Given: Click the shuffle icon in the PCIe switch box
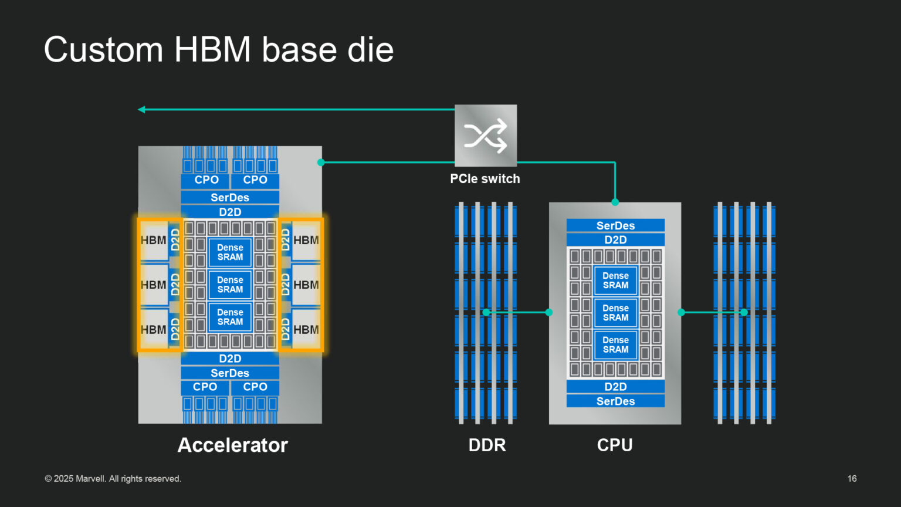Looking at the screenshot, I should point(486,136).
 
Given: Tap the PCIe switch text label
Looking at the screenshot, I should point(485,179).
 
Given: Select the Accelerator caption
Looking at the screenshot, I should point(232,445).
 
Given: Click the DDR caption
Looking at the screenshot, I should point(487,445).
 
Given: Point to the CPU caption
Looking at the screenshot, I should point(615,445).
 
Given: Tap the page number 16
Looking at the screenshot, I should point(852,479).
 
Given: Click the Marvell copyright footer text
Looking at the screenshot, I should point(113,479).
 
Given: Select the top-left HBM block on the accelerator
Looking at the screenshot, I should point(153,240).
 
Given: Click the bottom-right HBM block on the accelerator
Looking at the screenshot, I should point(306,330).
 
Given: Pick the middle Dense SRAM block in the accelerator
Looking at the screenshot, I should point(230,285).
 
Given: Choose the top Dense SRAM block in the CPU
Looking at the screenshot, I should point(615,280).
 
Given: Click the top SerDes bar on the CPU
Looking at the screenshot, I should point(615,225).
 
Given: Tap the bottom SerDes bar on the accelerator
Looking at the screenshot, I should point(230,373).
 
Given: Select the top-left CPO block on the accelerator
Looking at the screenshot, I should point(206,180).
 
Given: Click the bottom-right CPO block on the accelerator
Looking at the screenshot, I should point(255,387).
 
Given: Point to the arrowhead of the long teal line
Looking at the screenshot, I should point(141,109).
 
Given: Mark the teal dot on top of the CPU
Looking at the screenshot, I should point(615,202).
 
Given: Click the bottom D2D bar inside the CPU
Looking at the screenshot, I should point(615,387).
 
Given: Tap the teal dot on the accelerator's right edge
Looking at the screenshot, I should point(321,163).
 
